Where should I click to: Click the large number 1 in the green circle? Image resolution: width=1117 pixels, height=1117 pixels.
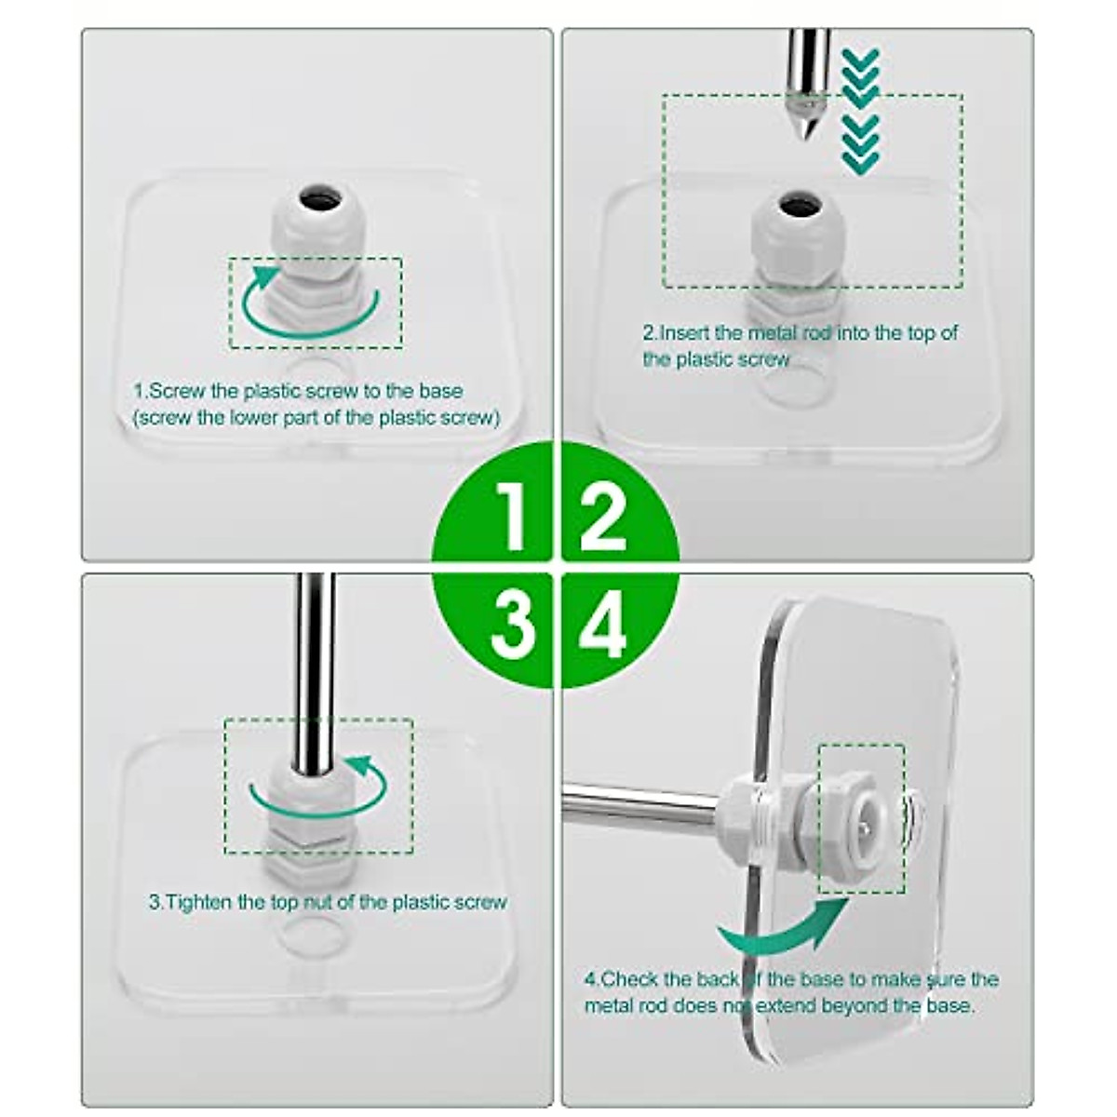511,515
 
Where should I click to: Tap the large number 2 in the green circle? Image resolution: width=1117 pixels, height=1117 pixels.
603,515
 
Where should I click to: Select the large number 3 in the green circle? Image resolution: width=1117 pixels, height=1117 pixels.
511,625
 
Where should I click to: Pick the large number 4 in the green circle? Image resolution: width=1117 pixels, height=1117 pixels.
603,625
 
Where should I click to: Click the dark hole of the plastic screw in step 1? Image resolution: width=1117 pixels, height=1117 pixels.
316,198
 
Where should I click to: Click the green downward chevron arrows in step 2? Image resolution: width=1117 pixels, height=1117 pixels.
859,112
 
